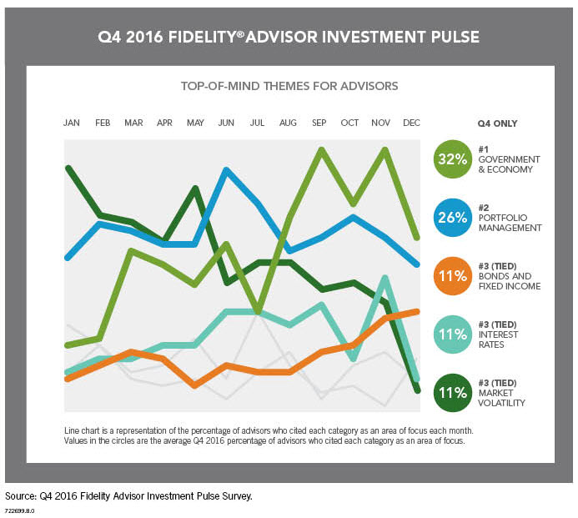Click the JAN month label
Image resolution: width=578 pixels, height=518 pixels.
click(71, 123)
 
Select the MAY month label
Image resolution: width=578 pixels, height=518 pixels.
click(195, 123)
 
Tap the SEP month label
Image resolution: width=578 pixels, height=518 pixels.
click(319, 123)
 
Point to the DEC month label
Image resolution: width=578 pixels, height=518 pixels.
click(411, 123)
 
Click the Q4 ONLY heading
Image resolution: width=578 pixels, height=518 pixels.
click(497, 123)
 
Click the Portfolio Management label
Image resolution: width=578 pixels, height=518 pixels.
click(509, 222)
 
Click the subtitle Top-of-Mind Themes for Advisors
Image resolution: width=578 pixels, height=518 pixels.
click(289, 86)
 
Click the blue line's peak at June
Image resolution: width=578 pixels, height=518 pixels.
click(227, 169)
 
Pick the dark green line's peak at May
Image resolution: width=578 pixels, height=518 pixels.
click(195, 188)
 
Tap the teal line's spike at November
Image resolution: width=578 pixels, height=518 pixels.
click(384, 277)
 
